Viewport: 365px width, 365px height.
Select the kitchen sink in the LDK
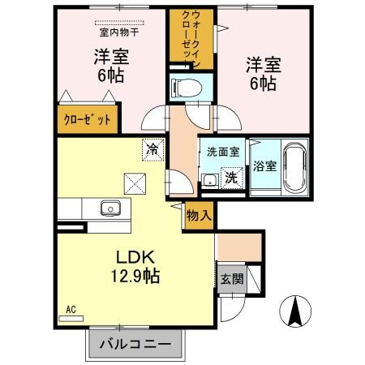click(109, 208)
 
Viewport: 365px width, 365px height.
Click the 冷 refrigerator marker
click(152, 148)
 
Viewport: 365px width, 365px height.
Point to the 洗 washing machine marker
click(230, 178)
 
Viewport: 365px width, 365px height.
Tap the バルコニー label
click(135, 344)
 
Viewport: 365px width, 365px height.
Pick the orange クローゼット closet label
click(88, 118)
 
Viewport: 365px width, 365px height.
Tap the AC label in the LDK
click(69, 309)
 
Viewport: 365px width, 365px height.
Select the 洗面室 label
click(222, 151)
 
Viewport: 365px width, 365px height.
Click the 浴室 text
click(264, 165)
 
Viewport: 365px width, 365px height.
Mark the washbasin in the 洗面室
click(209, 180)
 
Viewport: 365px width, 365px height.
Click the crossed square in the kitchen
click(132, 182)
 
